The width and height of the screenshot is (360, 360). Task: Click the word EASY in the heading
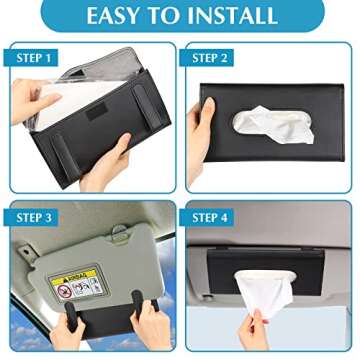pos(117,16)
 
